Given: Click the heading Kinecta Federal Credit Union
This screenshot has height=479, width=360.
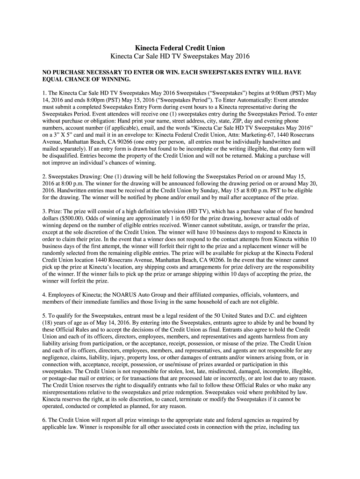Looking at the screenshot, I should (180, 48).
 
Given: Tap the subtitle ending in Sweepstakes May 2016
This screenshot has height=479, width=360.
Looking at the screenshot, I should (180, 57).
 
